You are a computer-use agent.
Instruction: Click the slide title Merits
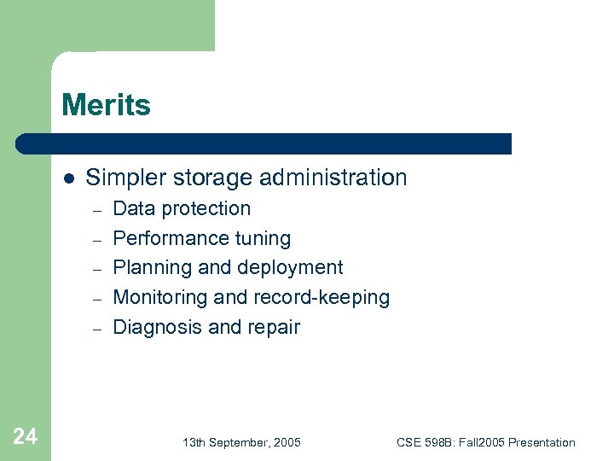click(x=106, y=106)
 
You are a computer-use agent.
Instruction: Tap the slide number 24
click(x=26, y=437)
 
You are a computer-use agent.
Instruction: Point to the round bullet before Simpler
click(x=69, y=178)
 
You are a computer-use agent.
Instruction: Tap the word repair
click(x=275, y=327)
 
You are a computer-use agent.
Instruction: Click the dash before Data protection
click(x=97, y=210)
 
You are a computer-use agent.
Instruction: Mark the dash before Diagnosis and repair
click(x=97, y=329)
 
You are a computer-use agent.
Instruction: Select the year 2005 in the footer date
click(x=286, y=442)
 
